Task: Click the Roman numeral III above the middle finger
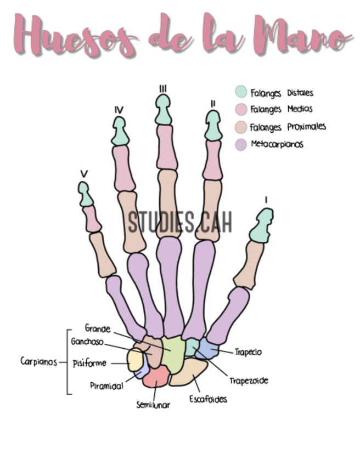(162, 89)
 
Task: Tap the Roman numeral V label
(84, 174)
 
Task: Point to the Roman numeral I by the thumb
(266, 200)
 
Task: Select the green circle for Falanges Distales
(241, 92)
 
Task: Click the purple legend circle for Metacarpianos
(241, 145)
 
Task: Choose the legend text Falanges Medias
(281, 110)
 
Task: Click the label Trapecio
(248, 352)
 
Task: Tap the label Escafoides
(208, 399)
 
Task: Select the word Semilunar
(153, 405)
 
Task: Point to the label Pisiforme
(89, 363)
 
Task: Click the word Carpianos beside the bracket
(38, 361)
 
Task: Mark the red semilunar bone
(156, 377)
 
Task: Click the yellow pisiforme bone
(135, 360)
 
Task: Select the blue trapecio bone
(208, 348)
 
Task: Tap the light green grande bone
(172, 354)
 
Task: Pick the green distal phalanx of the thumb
(261, 226)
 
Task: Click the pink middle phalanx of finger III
(167, 148)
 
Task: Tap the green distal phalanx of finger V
(85, 194)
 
